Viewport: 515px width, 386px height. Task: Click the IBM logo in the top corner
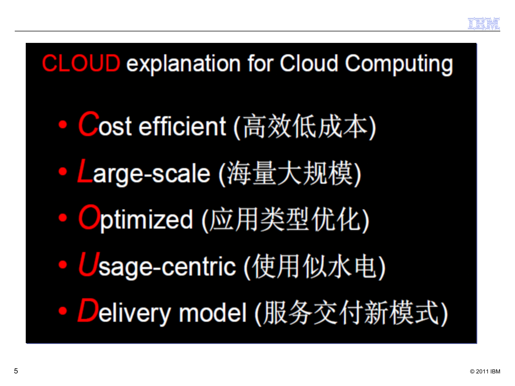(484, 24)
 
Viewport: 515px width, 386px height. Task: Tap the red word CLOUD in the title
(81, 63)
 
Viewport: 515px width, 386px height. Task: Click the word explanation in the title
(183, 64)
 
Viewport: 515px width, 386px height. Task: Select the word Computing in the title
(399, 64)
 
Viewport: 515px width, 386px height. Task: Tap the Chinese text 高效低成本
(305, 126)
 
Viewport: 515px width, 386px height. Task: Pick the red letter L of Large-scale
(85, 170)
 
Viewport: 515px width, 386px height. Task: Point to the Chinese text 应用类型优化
(285, 219)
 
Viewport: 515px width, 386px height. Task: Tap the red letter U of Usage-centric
(89, 264)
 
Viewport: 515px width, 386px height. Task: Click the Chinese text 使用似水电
(315, 266)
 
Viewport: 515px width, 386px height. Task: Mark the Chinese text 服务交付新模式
(351, 313)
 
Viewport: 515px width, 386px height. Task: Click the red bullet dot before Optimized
(63, 218)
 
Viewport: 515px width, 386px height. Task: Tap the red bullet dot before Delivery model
(63, 311)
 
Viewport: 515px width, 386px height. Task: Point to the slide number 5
(16, 371)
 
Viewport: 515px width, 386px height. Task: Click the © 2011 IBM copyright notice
(485, 372)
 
